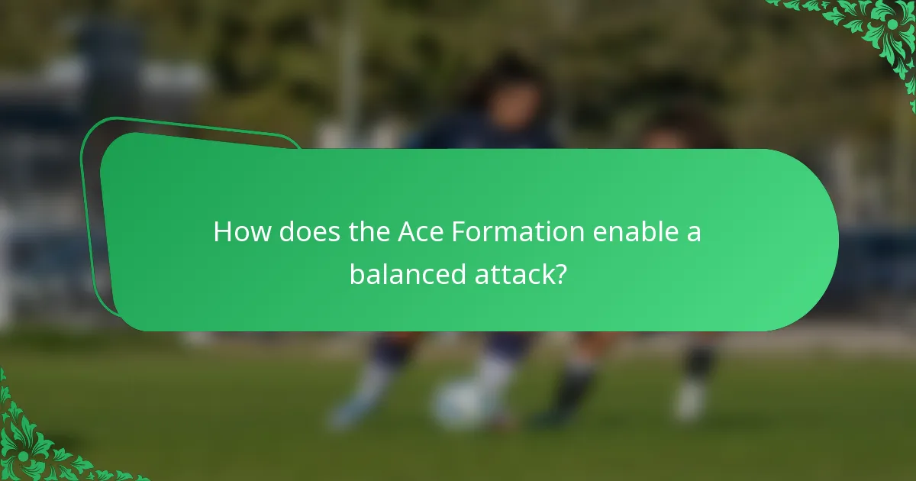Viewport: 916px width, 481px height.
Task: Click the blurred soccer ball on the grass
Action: (x=458, y=405)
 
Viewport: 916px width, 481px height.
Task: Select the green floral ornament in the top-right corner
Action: (x=878, y=31)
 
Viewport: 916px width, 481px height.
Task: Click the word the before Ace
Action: (x=369, y=232)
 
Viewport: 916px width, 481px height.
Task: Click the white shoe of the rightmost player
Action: (x=691, y=401)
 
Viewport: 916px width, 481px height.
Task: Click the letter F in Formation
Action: (x=457, y=232)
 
